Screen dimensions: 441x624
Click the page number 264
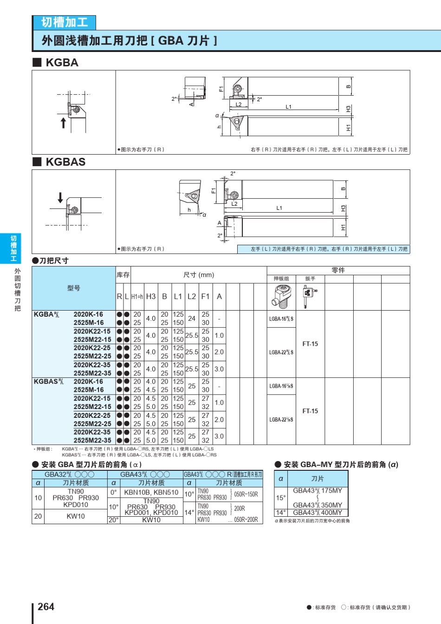(x=46, y=606)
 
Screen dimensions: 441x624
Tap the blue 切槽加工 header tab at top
(x=65, y=22)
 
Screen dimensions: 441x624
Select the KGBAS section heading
(x=65, y=162)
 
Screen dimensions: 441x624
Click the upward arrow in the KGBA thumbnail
(x=63, y=123)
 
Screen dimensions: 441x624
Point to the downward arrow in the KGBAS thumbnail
(x=60, y=197)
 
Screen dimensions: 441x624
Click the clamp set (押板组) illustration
(x=281, y=297)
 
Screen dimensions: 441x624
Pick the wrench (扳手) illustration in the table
(x=310, y=297)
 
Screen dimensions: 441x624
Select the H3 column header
(x=151, y=296)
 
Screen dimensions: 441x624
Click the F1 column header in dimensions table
(x=205, y=296)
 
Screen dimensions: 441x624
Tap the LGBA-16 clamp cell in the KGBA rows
(x=281, y=318)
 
